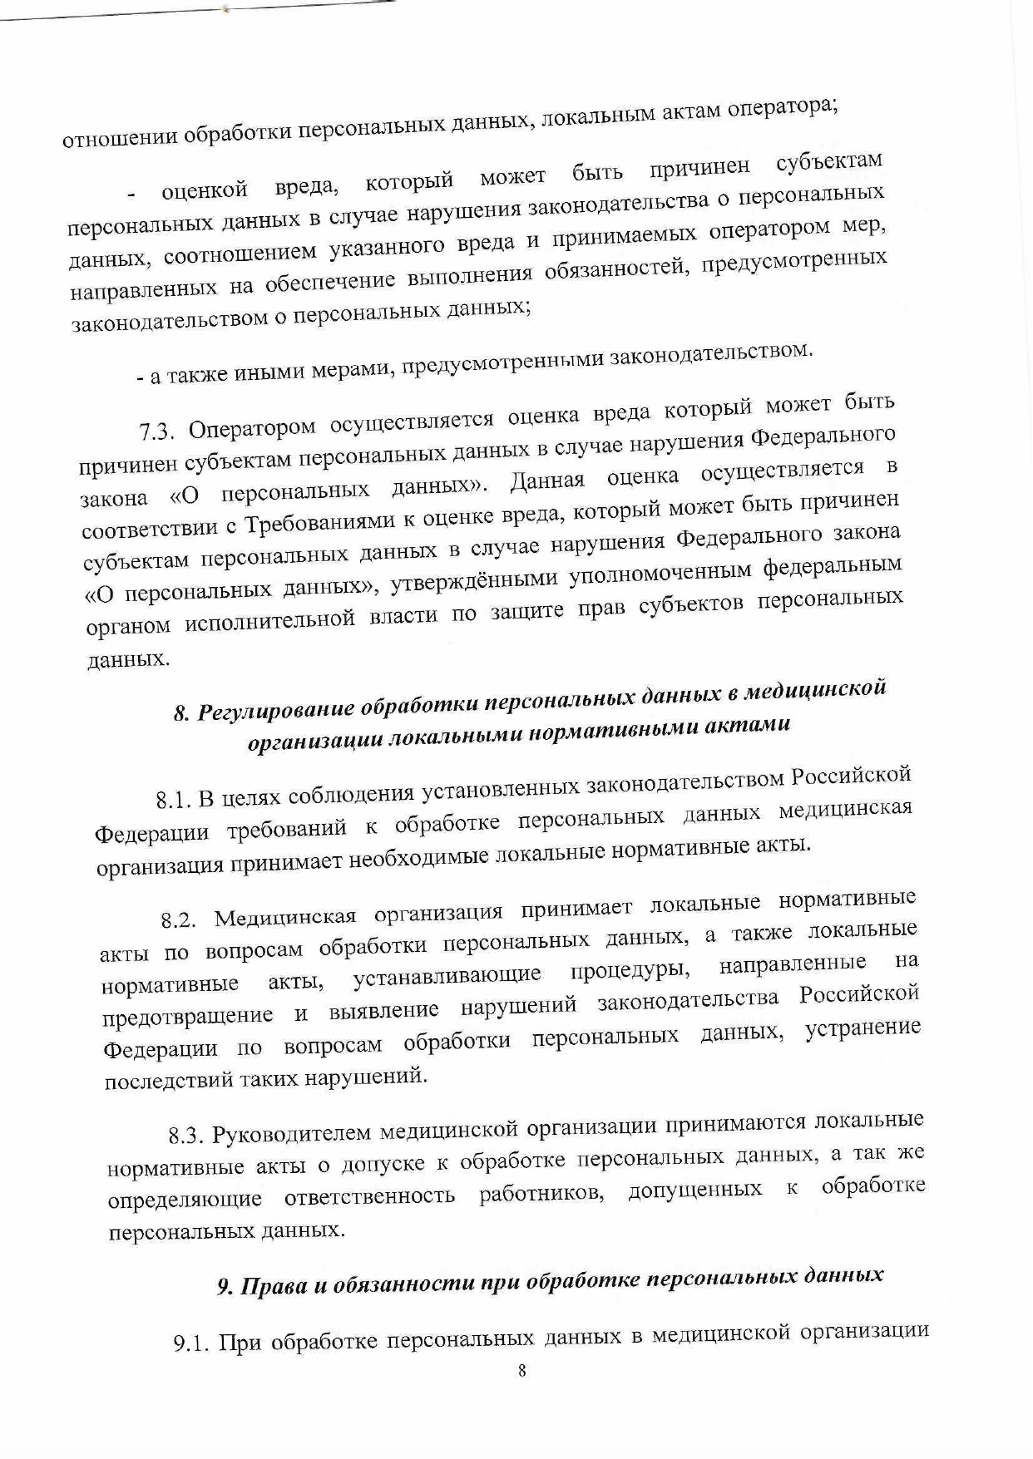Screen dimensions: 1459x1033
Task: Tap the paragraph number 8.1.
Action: coord(175,801)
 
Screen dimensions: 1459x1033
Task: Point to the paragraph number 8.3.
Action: coord(186,1136)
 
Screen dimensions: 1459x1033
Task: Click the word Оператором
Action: coord(252,428)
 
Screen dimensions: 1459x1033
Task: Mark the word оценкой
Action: coord(205,190)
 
